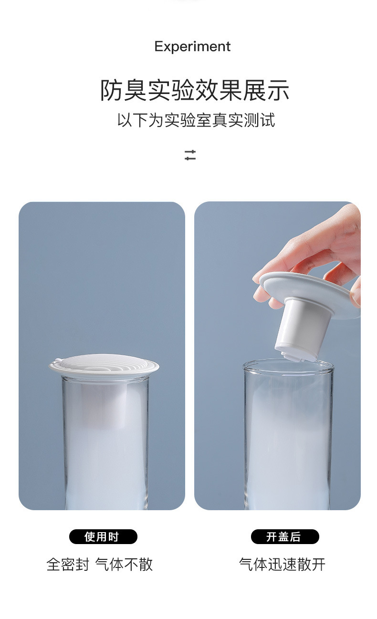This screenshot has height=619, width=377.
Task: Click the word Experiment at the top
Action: [192, 47]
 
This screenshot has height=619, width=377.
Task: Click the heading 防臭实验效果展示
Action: [195, 90]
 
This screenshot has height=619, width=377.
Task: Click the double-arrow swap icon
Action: [190, 155]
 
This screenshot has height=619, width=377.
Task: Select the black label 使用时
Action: [103, 536]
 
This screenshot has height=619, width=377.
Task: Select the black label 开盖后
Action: [285, 536]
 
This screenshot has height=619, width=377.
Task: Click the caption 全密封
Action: [68, 564]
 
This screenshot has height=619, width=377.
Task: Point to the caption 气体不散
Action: [124, 564]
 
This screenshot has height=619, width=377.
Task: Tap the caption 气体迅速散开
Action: [282, 564]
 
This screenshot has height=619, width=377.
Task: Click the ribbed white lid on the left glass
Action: [104, 364]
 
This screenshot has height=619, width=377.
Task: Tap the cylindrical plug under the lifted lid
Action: [301, 329]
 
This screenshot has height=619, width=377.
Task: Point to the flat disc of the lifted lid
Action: [310, 293]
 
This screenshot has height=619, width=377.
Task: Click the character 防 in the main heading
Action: [111, 90]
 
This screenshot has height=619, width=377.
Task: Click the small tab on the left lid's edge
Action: [57, 360]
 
